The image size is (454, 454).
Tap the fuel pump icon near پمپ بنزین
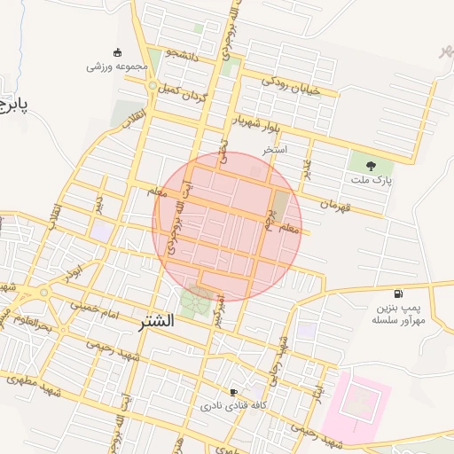point(396,294)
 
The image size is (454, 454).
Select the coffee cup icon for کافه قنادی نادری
point(233,392)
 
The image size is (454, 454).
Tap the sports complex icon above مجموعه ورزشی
point(117,51)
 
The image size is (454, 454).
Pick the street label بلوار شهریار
point(257,124)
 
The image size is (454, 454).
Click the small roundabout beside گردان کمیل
point(154,86)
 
